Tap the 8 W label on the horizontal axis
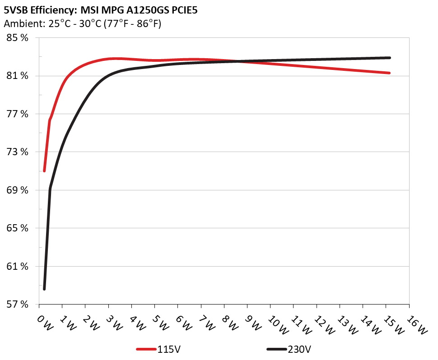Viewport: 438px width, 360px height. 230,322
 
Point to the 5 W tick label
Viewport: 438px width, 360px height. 161,322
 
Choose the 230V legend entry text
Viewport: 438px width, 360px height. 299,349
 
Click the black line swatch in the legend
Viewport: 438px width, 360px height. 276,350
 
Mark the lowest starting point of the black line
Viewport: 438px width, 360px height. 44,289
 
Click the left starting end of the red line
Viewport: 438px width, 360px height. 44,171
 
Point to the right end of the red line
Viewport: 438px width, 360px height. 389,73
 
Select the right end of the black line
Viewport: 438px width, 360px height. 389,58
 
